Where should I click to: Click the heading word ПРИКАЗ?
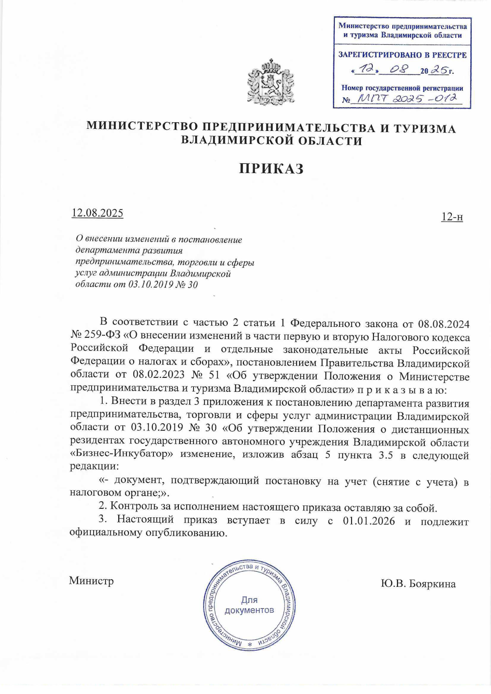(271, 168)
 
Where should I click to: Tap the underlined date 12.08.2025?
(97, 213)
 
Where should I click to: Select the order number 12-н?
(452, 217)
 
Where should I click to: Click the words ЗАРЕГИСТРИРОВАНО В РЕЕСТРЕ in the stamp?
(402, 55)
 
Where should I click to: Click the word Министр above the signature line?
(91, 581)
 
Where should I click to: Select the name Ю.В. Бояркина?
(418, 584)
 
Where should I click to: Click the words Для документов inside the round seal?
(249, 605)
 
